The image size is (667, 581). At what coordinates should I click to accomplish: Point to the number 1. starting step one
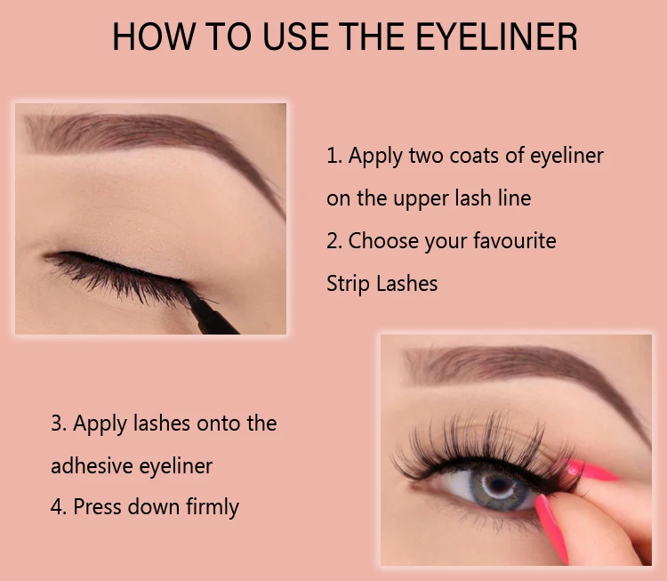pos(334,156)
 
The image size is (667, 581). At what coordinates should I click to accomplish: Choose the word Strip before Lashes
pos(348,283)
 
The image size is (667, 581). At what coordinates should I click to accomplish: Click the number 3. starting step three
pos(59,423)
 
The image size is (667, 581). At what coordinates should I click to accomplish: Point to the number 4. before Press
pos(59,507)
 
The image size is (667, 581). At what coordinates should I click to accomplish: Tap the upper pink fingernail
pos(591,469)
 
